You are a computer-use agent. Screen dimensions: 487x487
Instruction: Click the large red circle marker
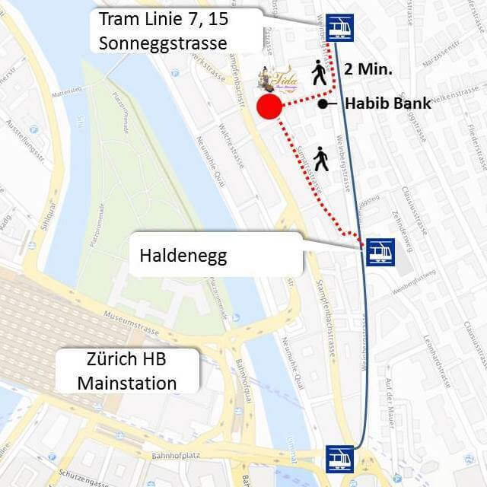click(x=269, y=108)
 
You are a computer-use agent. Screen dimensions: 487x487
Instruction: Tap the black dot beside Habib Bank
click(x=323, y=103)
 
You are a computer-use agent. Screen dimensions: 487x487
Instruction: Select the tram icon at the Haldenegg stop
click(x=380, y=251)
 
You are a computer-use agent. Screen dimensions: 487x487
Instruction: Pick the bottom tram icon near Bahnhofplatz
click(x=339, y=459)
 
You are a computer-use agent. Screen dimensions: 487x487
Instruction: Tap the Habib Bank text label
click(x=387, y=103)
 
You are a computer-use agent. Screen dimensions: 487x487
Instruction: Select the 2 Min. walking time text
click(x=368, y=68)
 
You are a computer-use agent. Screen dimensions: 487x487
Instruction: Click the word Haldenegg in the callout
click(x=183, y=256)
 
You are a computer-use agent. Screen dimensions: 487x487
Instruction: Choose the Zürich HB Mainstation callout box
click(x=127, y=371)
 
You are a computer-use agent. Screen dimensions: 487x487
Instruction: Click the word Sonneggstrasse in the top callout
click(x=163, y=43)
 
